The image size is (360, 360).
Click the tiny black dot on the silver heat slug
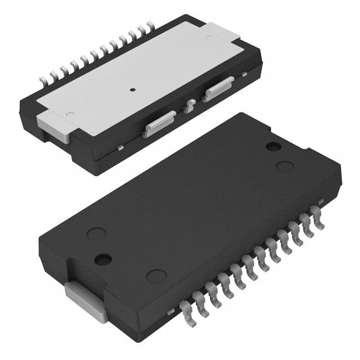(x=132, y=89)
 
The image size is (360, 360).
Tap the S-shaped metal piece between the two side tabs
(x=191, y=105)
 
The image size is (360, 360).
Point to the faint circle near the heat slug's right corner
(x=209, y=39)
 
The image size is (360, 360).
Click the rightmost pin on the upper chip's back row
(x=151, y=25)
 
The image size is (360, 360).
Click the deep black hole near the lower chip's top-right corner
(x=273, y=147)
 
